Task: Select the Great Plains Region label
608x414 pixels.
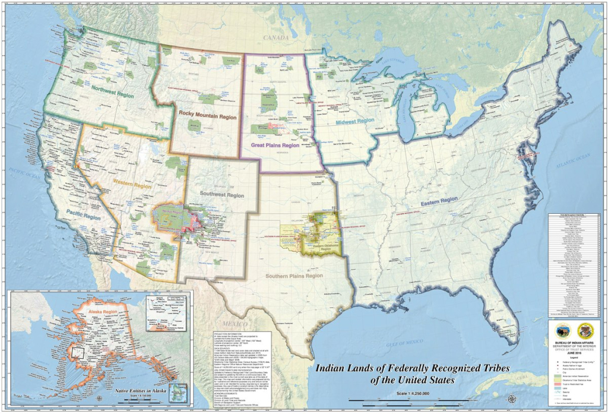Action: pyautogui.click(x=274, y=144)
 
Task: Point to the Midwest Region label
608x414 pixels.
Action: pyautogui.click(x=354, y=121)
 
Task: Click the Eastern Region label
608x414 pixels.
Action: pyautogui.click(x=439, y=203)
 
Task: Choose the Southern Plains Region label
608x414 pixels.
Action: pyautogui.click(x=294, y=276)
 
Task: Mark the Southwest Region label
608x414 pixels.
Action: pyautogui.click(x=222, y=195)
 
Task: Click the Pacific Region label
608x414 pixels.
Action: pyautogui.click(x=84, y=217)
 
